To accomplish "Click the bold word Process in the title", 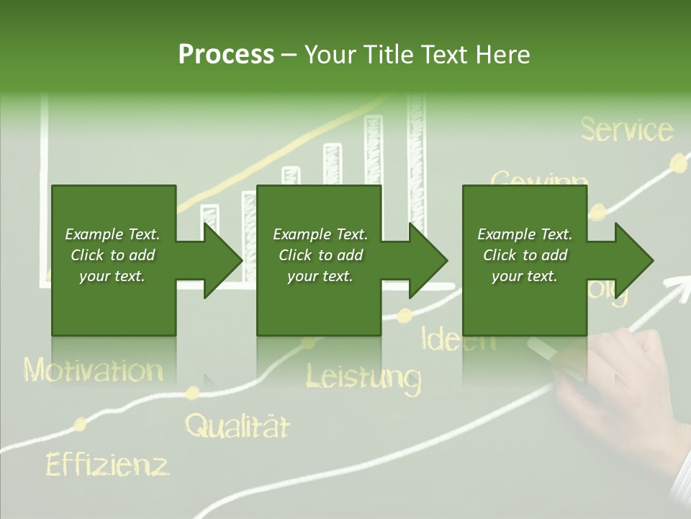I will click(x=226, y=55).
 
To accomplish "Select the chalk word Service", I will click(x=626, y=130).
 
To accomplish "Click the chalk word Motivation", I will click(x=94, y=371).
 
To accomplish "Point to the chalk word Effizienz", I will click(x=107, y=464).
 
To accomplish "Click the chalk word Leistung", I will click(x=363, y=376).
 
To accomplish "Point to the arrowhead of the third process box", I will click(x=633, y=260).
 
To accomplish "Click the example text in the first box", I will click(x=112, y=255).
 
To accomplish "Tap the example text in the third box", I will click(x=525, y=255).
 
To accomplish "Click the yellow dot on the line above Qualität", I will click(x=192, y=393).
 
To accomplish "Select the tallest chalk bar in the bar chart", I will click(x=417, y=166).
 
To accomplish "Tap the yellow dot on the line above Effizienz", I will click(x=81, y=423).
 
